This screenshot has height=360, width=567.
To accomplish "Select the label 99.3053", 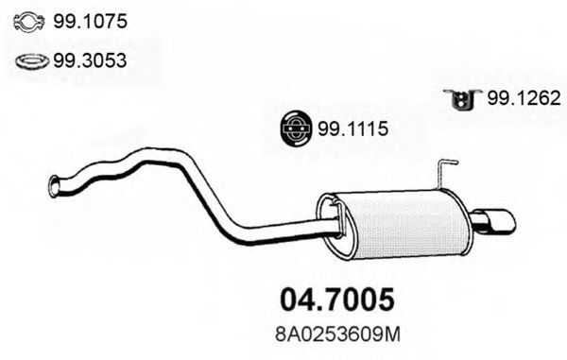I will point(92,60).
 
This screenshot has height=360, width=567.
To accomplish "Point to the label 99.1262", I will point(524,96).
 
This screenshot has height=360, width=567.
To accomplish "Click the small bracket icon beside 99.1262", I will point(460,97).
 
